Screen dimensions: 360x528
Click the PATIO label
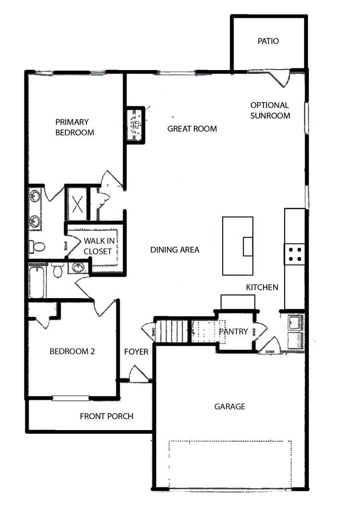click(x=268, y=41)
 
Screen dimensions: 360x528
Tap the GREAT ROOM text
click(x=192, y=129)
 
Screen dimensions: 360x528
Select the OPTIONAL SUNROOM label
click(x=270, y=110)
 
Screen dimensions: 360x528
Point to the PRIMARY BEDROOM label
click(x=75, y=127)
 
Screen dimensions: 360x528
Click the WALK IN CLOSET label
click(x=99, y=246)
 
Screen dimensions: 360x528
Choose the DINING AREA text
click(x=175, y=250)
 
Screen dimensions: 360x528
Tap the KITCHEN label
click(x=262, y=287)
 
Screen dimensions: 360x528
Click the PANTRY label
click(x=233, y=332)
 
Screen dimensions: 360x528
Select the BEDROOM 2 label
click(x=72, y=351)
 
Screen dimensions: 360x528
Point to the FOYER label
click(x=136, y=352)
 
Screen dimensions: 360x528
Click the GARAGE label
click(x=229, y=407)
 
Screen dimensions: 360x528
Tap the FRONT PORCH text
click(x=107, y=417)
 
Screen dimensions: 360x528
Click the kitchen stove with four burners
click(x=294, y=254)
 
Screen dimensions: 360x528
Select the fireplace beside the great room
click(x=136, y=125)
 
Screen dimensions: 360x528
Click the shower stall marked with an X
click(x=77, y=204)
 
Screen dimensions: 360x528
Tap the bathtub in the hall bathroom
click(x=36, y=282)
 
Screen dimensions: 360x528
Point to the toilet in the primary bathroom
click(x=36, y=247)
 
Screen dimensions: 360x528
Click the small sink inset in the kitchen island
click(x=248, y=247)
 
